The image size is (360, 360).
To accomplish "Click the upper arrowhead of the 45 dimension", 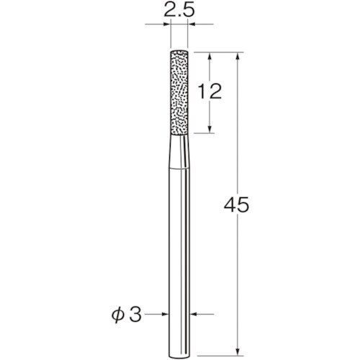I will coord(236,56).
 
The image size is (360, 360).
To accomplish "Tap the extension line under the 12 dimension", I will coord(202,133).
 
